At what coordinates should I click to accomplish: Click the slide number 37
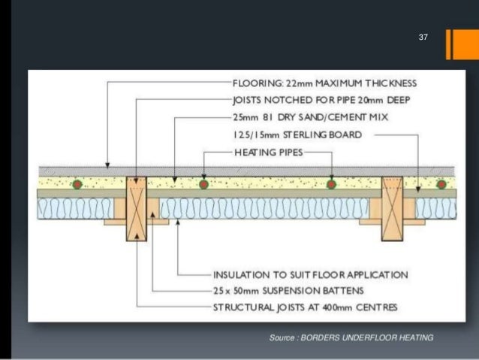(423, 37)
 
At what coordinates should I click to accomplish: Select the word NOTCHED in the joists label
(277, 100)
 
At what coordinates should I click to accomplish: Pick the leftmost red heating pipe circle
(77, 184)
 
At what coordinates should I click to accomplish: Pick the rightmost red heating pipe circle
(441, 184)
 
